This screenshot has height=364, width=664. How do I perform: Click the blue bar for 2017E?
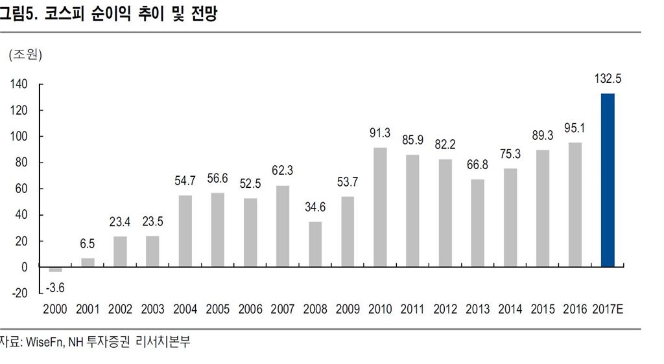tap(608, 180)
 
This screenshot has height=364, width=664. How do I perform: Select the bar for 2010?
tap(380, 207)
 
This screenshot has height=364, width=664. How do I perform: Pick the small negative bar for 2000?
tap(55, 269)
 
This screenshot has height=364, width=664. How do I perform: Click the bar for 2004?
tap(185, 231)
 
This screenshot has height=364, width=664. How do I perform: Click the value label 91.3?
tap(380, 133)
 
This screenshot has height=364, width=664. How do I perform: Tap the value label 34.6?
tap(315, 208)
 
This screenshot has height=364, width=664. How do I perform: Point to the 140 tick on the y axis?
tap(19, 84)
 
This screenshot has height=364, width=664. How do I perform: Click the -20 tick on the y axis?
tap(20, 293)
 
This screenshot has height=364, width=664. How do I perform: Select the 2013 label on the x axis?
tap(477, 309)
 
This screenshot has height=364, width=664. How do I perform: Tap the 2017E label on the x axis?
tap(608, 309)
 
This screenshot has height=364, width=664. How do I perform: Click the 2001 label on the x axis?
tap(88, 309)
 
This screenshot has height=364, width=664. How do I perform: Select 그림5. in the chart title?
tap(18, 14)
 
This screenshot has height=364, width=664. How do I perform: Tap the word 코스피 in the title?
tap(64, 14)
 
